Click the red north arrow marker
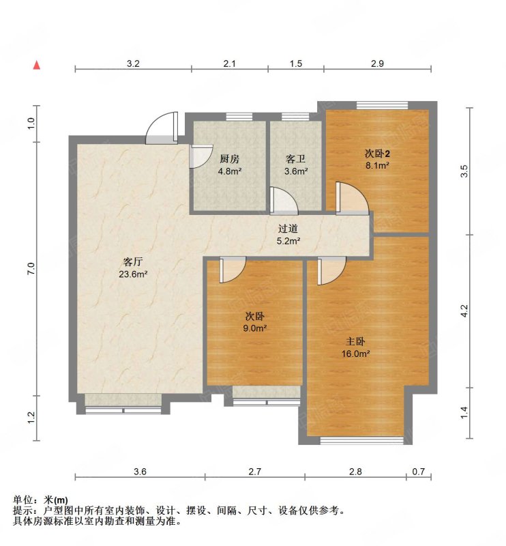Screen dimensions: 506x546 [x=37, y=65]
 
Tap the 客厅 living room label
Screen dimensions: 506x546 [x=133, y=261]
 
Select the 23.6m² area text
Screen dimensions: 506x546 [x=133, y=274]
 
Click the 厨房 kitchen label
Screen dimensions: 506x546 [x=229, y=159]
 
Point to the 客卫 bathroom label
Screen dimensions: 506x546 [x=295, y=159]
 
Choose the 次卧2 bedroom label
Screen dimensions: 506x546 [x=377, y=153]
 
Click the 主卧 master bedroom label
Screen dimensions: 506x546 [x=355, y=341]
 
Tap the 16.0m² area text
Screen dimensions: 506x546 [x=355, y=354]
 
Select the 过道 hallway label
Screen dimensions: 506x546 [x=288, y=229]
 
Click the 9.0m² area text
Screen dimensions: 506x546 [x=255, y=328]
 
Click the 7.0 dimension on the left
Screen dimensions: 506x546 [x=31, y=268]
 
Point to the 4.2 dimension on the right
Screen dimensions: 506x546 [x=464, y=311]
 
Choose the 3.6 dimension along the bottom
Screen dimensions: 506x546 [x=140, y=472]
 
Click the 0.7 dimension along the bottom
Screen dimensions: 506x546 [x=419, y=472]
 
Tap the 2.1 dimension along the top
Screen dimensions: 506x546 [x=229, y=63]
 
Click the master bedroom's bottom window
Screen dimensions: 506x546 [x=361, y=441]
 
